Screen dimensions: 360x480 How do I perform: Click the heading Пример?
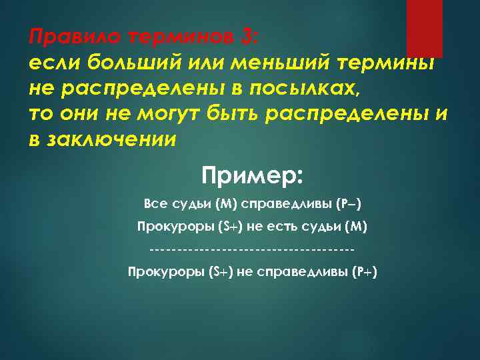click(x=253, y=177)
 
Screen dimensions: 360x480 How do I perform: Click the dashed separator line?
click(x=252, y=250)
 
